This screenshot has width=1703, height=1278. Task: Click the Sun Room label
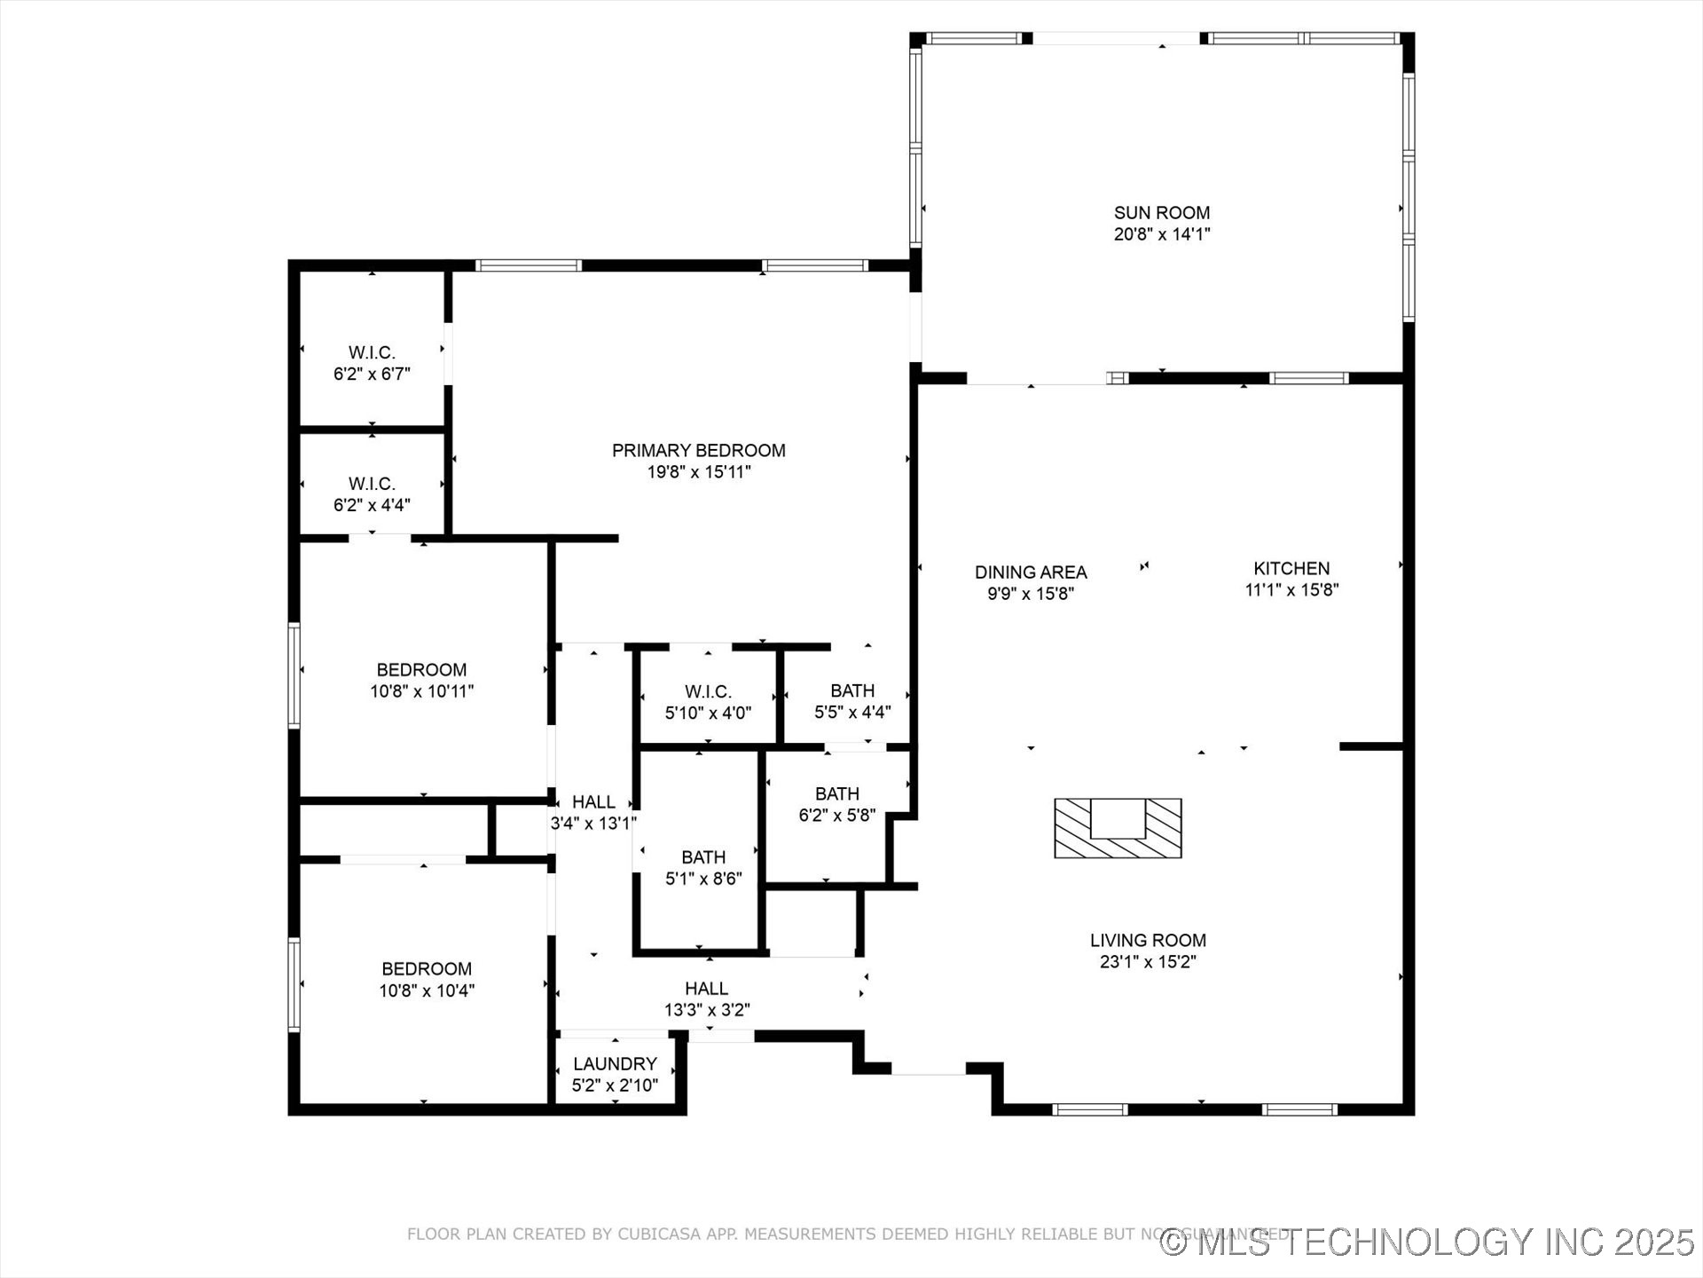coord(1162,213)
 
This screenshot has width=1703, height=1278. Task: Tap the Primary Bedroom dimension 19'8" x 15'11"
coord(699,472)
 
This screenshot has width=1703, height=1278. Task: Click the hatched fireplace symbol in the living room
coord(1118,828)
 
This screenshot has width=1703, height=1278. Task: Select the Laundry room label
coord(615,1063)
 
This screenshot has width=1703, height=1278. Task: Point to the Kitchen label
coord(1291,568)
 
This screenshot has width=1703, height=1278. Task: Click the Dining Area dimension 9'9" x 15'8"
coord(1031,594)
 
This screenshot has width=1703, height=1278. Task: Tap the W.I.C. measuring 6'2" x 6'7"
coord(372,363)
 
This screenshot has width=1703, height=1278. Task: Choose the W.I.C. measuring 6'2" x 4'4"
coord(372,494)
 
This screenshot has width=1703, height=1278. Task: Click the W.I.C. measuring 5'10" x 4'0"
coord(708,701)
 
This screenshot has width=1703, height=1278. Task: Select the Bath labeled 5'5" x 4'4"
coord(852,701)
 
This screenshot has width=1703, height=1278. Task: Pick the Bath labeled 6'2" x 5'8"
coord(836,804)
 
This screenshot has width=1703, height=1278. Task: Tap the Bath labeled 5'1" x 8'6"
coord(703,868)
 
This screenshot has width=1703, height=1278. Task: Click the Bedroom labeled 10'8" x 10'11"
coord(421,680)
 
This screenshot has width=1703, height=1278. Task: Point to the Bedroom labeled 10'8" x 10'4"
coord(427,979)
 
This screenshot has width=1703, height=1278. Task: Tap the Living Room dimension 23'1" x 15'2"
coord(1148,961)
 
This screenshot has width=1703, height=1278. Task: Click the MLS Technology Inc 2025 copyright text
coord(1428,1242)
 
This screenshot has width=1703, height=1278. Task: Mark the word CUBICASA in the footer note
coord(657,1234)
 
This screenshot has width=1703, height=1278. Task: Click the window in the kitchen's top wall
coord(1308,378)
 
